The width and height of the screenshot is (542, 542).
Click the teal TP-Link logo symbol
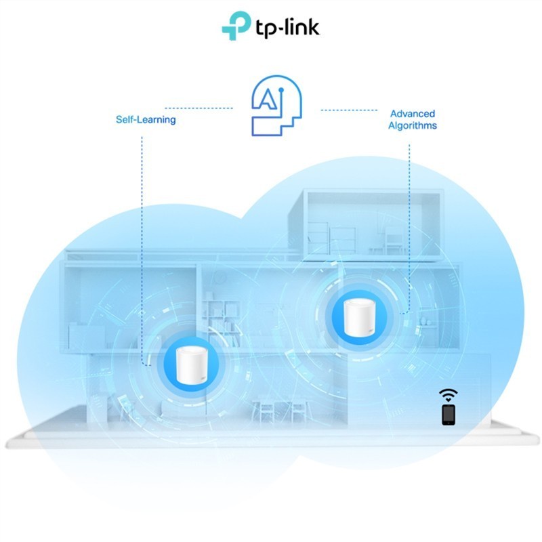pos(236,26)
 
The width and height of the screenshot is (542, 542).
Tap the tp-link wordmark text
pos(287,27)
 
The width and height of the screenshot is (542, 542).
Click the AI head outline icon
pos(276,106)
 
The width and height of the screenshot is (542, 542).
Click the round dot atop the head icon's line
pos(281,90)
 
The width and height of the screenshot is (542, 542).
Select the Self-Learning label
pos(146,120)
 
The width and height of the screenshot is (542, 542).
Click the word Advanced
pos(413,113)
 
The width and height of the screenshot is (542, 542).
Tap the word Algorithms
pos(413,125)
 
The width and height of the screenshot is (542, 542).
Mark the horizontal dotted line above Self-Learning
pos(199,108)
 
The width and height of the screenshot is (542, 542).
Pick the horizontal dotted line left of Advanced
pos(349,110)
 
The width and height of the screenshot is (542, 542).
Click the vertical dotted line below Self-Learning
pos(142,251)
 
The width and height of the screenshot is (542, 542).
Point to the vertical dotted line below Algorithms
pos(409,229)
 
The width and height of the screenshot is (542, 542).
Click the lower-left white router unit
pos(192,364)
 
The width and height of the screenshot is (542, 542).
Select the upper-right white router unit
pos(359,317)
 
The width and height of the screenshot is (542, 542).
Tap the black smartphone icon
pos(449,415)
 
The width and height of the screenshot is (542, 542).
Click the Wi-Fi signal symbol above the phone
pos(449,395)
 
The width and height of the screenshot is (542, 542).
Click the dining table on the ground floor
pos(279,411)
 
